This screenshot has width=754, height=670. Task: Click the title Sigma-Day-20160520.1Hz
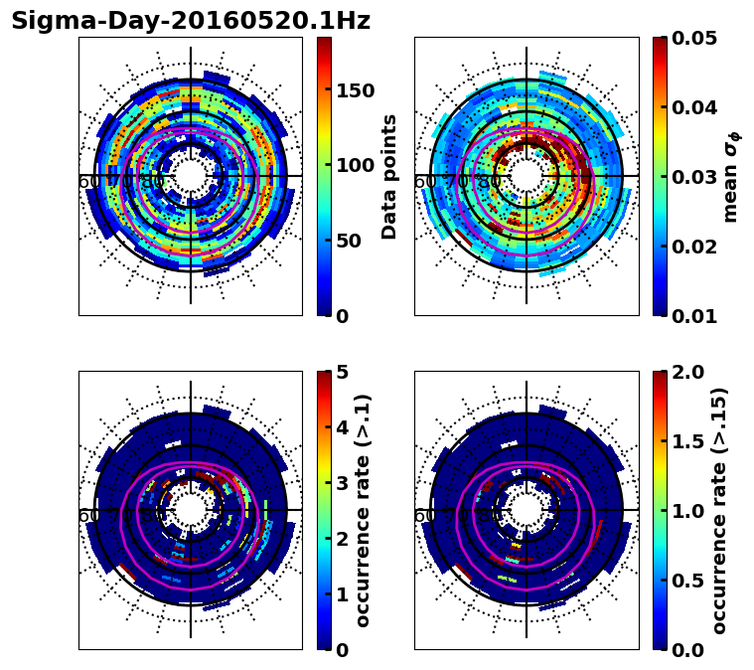(191, 21)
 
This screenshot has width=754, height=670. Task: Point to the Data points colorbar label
(390, 176)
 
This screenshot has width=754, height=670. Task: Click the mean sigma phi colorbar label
(731, 176)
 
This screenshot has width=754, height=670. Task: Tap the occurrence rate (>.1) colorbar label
(364, 510)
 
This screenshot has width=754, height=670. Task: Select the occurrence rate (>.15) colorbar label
(720, 510)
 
